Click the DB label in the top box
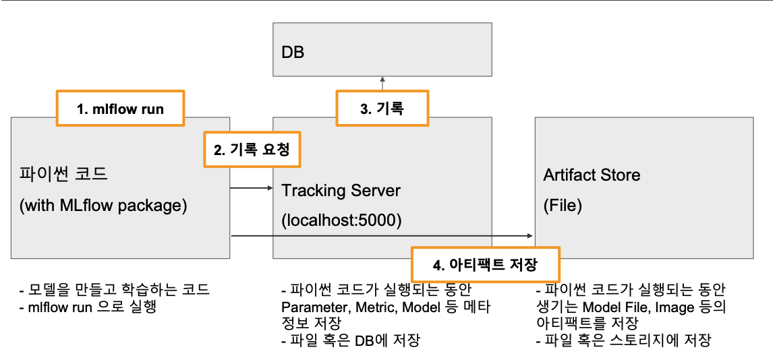click(292, 51)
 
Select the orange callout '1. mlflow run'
click(120, 109)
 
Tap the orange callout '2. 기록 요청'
click(252, 150)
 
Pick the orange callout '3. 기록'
click(382, 109)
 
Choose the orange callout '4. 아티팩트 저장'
click(485, 264)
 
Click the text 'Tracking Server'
click(341, 191)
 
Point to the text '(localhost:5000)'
click(341, 221)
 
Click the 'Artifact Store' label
click(592, 175)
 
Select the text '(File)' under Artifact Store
click(563, 205)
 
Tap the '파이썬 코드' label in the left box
click(64, 175)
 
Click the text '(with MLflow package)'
click(103, 205)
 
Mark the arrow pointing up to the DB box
click(382, 81)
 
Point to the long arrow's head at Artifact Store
click(530, 235)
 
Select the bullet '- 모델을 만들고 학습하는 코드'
click(114, 291)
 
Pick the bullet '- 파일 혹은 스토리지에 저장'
click(623, 340)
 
